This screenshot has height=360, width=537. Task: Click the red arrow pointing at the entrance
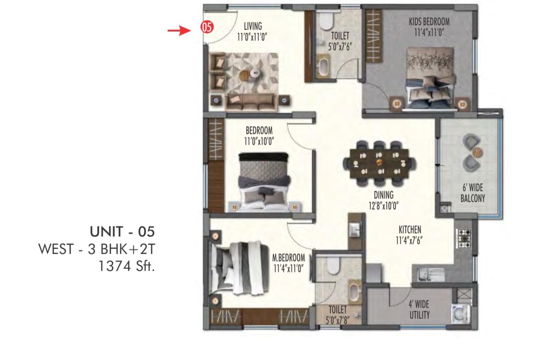tap(179, 30)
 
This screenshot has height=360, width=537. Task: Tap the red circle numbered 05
tap(207, 27)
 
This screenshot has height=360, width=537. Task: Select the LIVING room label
tap(253, 26)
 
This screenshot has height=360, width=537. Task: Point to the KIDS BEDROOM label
tap(429, 22)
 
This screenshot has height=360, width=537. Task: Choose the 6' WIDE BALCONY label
tap(473, 193)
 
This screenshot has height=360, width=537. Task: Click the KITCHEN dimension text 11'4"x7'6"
tap(409, 241)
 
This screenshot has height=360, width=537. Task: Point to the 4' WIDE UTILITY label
tap(419, 310)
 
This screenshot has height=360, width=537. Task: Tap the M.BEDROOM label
tap(289, 257)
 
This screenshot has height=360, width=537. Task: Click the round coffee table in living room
tap(255, 72)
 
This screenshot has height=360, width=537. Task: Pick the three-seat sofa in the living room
tap(250, 102)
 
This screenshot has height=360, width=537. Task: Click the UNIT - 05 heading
tap(122, 232)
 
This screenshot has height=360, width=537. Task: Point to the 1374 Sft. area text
tap(126, 266)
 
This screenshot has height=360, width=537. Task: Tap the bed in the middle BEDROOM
tap(264, 182)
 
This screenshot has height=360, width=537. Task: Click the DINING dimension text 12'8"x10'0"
tap(384, 205)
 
